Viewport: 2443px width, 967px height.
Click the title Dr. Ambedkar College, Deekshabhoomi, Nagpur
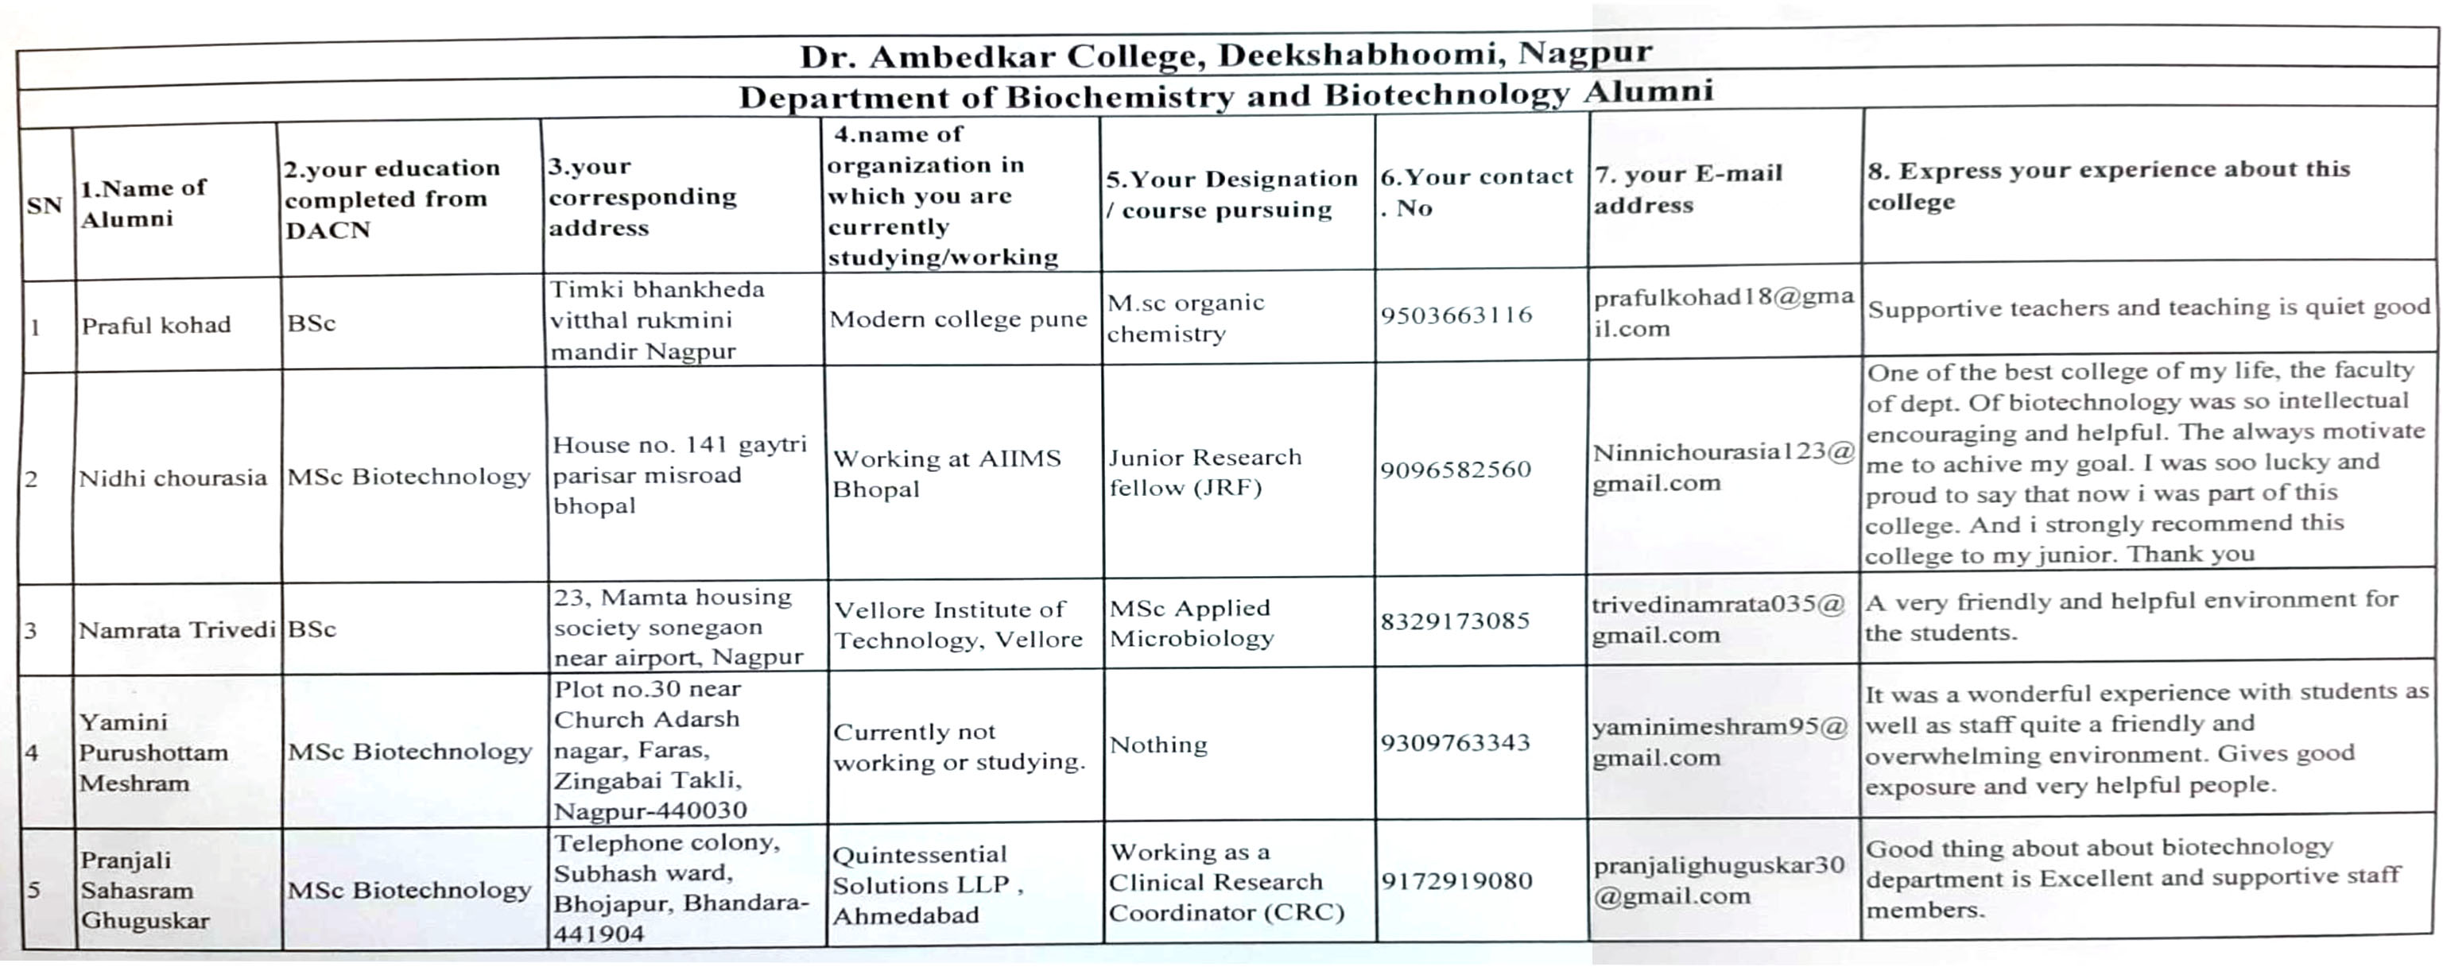(x=1225, y=54)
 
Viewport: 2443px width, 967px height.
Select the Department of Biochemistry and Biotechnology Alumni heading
(x=1225, y=95)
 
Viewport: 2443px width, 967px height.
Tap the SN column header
(x=44, y=205)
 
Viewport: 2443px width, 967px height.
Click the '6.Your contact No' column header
(x=1475, y=191)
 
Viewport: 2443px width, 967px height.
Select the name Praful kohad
(x=156, y=325)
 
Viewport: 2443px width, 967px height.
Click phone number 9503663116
(x=1456, y=315)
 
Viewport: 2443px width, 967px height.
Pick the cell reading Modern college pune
(x=958, y=319)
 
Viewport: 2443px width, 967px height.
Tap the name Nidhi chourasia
(x=173, y=478)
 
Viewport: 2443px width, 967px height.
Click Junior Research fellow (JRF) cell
(x=1204, y=472)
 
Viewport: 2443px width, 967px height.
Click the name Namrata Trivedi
(x=176, y=629)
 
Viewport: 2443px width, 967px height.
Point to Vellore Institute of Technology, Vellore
(x=958, y=625)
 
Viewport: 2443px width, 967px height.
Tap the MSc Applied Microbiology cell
(x=1191, y=623)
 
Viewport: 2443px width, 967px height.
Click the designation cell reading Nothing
(x=1158, y=745)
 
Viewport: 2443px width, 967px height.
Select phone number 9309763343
(x=1455, y=742)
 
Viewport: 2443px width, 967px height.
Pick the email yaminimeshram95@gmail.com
(x=1720, y=742)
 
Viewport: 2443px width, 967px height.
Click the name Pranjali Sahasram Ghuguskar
(x=144, y=890)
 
